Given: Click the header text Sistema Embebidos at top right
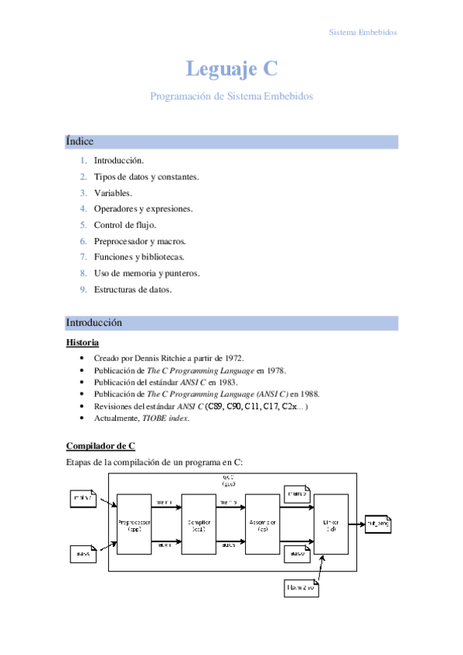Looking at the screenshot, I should tap(363, 33).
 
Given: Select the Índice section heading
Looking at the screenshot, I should tap(80, 141).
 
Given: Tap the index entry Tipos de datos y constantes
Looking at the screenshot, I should tap(146, 177).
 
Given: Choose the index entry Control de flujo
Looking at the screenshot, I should tap(124, 225).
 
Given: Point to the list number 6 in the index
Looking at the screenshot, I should tap(83, 241).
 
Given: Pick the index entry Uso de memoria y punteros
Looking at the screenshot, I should tap(146, 273).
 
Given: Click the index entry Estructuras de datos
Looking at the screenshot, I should tap(132, 290).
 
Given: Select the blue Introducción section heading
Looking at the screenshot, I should tap(94, 322).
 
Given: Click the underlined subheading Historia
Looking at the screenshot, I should tap(82, 342).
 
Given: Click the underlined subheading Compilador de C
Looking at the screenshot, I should tap(100, 446).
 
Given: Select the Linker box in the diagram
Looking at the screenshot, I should tap(330, 525).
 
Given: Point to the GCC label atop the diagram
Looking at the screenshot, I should tap(228, 479).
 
